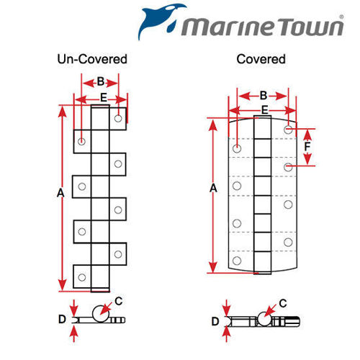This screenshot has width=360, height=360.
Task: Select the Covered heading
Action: click(x=261, y=59)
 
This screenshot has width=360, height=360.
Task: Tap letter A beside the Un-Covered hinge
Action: click(x=60, y=193)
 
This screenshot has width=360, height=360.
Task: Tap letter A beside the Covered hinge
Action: click(x=213, y=188)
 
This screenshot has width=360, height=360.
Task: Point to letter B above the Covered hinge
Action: click(x=263, y=95)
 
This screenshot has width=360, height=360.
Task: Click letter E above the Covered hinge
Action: click(x=265, y=109)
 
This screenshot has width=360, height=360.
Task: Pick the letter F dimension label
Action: click(x=307, y=147)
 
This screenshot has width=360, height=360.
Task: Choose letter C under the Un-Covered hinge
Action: click(x=120, y=301)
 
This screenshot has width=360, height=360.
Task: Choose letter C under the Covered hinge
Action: click(x=283, y=303)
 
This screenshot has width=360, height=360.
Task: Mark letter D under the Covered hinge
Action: click(x=214, y=320)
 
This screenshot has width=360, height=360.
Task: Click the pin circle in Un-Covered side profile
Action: click(x=100, y=314)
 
